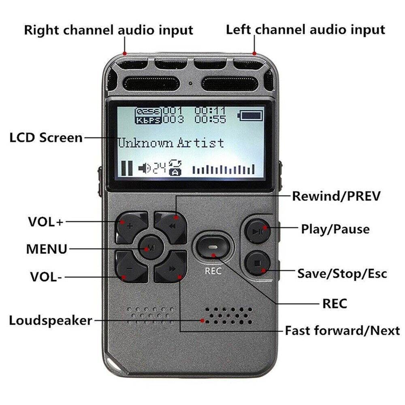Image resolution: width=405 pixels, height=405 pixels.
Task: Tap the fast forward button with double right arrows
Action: (x=171, y=268)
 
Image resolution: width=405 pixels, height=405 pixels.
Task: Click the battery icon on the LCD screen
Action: (x=251, y=116)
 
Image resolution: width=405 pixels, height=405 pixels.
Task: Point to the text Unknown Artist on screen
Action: (x=171, y=143)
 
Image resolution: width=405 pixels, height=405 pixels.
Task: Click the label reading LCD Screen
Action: (x=46, y=138)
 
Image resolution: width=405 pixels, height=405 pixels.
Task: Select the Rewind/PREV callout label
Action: (x=337, y=196)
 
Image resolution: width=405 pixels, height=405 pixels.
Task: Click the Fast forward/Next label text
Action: (x=342, y=330)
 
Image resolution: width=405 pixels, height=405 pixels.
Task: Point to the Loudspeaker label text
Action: (x=51, y=320)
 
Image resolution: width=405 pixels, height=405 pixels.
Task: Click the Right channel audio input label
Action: (x=109, y=30)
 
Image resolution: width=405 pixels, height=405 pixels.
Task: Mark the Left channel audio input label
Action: (x=305, y=30)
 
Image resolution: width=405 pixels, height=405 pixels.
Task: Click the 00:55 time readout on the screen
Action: (x=209, y=119)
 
